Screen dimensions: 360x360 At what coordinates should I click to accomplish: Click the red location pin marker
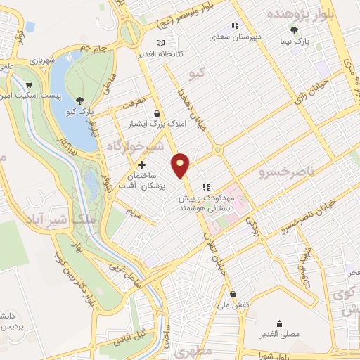181,165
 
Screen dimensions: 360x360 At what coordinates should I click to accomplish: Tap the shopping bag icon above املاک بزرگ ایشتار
157,113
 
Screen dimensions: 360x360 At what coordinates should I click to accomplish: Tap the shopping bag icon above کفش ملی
233,295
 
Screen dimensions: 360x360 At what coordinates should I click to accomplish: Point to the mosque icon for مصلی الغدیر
281,324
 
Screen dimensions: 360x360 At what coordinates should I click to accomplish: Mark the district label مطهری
192,350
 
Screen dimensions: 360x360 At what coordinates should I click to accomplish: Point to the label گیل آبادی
134,333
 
